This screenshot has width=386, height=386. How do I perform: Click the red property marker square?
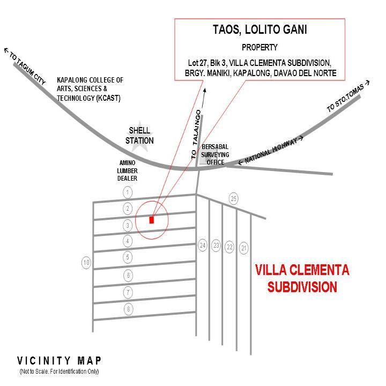click(152, 219)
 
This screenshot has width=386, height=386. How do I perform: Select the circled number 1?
click(128, 192)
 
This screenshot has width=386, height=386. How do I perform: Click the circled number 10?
click(86, 263)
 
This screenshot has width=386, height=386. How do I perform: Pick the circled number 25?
click(233, 199)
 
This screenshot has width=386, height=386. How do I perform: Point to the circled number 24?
click(203, 246)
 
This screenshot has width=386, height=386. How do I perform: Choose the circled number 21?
click(244, 248)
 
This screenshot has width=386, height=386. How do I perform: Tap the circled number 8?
click(128, 309)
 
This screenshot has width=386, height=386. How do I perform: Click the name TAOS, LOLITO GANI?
click(260, 30)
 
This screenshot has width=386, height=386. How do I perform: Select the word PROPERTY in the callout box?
click(259, 47)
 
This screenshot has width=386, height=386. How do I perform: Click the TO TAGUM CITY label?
click(25, 65)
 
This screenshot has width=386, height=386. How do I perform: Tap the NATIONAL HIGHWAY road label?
click(271, 151)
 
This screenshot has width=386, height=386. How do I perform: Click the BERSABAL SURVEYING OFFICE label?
click(215, 154)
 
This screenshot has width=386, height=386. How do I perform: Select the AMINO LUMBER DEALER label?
click(128, 170)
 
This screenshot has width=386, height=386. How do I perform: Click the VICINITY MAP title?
click(59, 360)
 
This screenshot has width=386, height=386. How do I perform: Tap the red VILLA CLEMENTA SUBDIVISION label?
click(302, 278)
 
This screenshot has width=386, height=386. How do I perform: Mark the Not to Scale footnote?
click(59, 372)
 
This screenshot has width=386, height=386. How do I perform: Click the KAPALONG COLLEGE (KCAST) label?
click(90, 89)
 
